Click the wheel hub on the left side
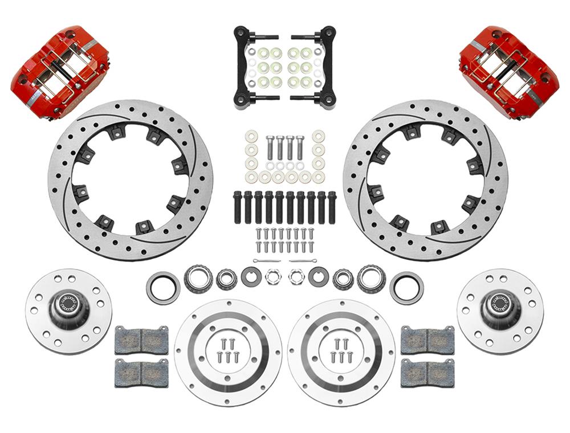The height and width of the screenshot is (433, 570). pos(68,311)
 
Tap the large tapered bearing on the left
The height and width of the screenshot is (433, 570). pos(198,279)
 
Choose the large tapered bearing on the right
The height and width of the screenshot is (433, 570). pos(371,279)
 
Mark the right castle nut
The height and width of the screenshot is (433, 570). pos(296,277)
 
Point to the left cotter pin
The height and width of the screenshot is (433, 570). pos(267,261)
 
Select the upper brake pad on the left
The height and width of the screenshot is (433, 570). pos(141,340)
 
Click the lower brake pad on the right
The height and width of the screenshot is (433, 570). pos(427,373)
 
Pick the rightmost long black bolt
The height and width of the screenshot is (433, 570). pos(332,207)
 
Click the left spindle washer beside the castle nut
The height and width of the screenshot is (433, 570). pos(251,277)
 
